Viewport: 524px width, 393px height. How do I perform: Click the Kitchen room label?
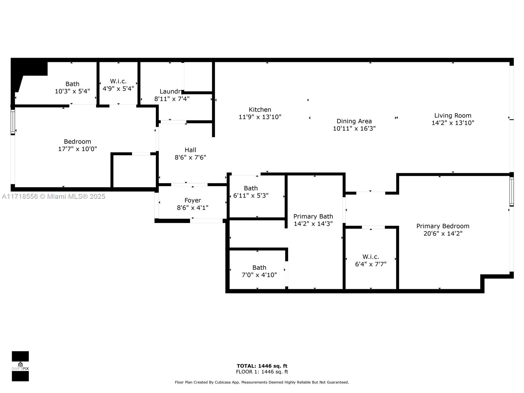260,110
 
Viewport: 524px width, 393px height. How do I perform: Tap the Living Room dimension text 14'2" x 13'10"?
453,123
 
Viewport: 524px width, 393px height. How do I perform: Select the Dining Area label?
354,121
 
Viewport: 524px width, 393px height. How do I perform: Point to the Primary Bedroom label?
442,226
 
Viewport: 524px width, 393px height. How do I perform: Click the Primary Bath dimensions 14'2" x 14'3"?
313,224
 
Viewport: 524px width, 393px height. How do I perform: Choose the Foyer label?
193,200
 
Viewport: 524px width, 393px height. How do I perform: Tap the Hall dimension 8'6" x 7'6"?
190,158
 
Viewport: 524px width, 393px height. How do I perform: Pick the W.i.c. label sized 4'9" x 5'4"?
118,81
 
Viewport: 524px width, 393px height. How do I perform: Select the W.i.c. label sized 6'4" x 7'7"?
370,257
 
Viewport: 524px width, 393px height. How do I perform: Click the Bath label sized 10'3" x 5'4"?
72,84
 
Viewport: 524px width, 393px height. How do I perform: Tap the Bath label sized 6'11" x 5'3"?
251,188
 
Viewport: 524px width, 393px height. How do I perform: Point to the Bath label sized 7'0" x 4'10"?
259,268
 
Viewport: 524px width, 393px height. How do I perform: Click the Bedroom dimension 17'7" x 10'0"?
77,149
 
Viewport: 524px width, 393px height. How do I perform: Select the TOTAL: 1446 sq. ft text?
262,366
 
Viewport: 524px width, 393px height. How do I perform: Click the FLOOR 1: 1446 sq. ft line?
262,372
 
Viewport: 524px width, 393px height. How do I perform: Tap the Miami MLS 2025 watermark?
54,196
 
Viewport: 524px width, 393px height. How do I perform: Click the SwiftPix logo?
20,366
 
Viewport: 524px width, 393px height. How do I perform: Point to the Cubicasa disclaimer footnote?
262,382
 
